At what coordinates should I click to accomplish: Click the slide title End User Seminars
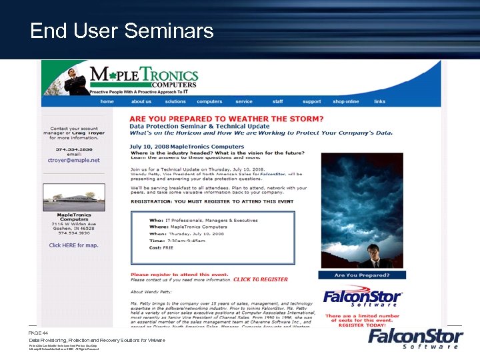122,31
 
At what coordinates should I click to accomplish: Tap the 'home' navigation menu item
107,101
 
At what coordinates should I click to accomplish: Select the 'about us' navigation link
141,101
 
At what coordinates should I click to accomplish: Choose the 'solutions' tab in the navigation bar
175,101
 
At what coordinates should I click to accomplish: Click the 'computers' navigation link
209,101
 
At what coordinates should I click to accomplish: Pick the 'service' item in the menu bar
244,101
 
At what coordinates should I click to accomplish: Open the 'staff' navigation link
277,101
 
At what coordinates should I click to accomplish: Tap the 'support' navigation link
311,101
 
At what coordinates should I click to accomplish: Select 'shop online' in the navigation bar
345,101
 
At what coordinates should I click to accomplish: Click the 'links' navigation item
379,101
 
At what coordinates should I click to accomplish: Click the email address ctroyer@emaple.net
74,160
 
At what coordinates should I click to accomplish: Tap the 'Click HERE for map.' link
74,245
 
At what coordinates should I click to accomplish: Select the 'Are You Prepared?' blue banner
362,275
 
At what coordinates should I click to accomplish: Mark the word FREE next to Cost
169,247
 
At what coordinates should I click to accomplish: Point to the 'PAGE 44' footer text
38,332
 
